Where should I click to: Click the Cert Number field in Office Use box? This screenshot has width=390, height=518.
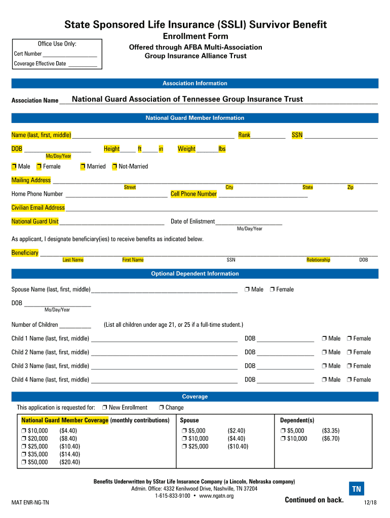coord(70,54)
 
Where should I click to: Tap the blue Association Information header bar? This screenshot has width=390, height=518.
coord(195,83)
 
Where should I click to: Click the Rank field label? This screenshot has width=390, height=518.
coord(244,135)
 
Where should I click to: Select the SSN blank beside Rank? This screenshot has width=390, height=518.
coord(341,136)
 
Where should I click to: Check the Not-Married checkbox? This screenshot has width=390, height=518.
coord(115,166)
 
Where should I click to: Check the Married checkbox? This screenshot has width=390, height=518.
coord(83,166)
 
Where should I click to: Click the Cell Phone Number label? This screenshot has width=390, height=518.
coord(193,194)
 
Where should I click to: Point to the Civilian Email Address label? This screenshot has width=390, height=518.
coord(38,207)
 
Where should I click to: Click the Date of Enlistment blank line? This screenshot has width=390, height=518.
coord(248,222)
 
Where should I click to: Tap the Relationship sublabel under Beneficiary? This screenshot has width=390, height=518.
coord(318,260)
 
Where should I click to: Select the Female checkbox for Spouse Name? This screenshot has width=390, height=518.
coord(272,289)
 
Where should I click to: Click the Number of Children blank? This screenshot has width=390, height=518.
coord(75,325)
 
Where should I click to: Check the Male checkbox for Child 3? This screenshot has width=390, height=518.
coord(324,366)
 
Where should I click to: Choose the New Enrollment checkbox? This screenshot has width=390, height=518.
coord(104,408)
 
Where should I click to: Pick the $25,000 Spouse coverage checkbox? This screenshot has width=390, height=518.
coord(184,447)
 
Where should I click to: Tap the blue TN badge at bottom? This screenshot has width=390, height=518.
coord(357,489)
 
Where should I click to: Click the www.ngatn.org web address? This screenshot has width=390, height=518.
coord(216,496)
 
